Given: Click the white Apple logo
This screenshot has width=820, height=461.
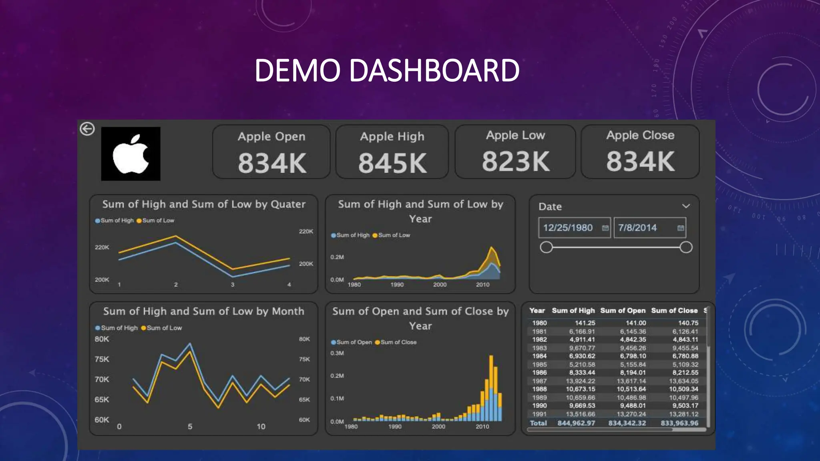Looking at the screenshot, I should pyautogui.click(x=131, y=154).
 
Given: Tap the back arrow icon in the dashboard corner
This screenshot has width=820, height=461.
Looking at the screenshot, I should pyautogui.click(x=87, y=129).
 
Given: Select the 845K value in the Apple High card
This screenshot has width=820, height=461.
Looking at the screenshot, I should pyautogui.click(x=392, y=163).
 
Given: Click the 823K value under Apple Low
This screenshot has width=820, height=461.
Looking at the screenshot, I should pyautogui.click(x=516, y=161).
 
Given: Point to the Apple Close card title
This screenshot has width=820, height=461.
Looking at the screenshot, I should pyautogui.click(x=640, y=135).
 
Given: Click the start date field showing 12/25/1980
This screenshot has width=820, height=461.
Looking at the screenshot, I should pyautogui.click(x=568, y=228).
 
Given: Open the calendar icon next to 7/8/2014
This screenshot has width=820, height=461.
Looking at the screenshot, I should pyautogui.click(x=680, y=228).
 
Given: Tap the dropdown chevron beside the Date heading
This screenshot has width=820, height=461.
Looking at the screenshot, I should pyautogui.click(x=686, y=206).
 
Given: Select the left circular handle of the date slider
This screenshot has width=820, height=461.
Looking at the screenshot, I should pyautogui.click(x=546, y=247).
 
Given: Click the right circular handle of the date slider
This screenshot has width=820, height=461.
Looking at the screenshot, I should pyautogui.click(x=686, y=247).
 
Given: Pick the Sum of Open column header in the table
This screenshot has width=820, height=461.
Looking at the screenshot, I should pyautogui.click(x=623, y=311).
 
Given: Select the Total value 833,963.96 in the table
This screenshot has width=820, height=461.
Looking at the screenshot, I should pyautogui.click(x=679, y=423).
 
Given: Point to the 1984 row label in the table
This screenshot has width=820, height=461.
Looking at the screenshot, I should pyautogui.click(x=539, y=356).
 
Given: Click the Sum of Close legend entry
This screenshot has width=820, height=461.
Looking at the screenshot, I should pyautogui.click(x=398, y=342).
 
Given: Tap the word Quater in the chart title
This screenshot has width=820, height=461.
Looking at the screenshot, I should pyautogui.click(x=288, y=204).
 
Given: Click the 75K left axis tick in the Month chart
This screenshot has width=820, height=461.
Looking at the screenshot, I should pyautogui.click(x=102, y=359).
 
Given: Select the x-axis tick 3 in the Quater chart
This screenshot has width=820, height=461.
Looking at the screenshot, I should pyautogui.click(x=232, y=285).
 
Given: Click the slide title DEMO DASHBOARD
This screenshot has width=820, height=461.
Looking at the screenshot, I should pyautogui.click(x=387, y=70).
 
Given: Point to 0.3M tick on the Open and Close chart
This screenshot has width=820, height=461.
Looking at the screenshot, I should pyautogui.click(x=337, y=353).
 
